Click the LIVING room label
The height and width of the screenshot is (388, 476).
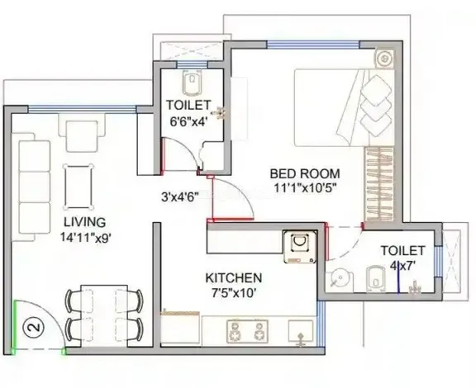click(84, 222)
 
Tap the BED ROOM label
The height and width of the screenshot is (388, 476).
click(305, 173)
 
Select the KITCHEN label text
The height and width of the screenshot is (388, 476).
click(233, 278)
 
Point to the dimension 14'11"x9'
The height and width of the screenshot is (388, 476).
click(85, 237)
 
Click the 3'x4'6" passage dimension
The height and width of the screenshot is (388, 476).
click(179, 197)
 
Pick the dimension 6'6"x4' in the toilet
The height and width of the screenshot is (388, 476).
click(188, 121)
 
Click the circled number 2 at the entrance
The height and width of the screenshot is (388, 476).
click(36, 328)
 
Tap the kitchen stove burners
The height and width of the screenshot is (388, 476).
click(247, 332)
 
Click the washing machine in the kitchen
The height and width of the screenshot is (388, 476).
click(300, 246)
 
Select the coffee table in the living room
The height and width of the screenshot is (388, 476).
click(79, 187)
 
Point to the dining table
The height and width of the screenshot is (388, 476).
click(104, 315)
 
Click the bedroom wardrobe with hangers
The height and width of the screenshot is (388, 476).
click(379, 184)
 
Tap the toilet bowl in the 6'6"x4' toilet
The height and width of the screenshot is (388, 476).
click(192, 83)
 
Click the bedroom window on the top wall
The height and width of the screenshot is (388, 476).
click(313, 45)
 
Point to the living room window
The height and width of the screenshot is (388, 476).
click(82, 109)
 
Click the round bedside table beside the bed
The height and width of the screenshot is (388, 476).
click(384, 59)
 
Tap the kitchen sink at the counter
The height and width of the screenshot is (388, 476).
click(301, 333)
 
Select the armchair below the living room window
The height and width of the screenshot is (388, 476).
click(82, 133)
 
